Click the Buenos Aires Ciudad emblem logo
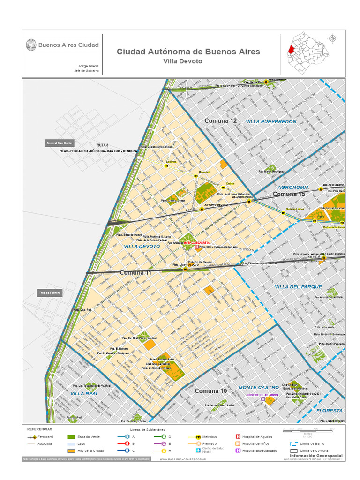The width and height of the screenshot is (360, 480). [x=31, y=45]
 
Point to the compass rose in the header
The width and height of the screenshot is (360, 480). [x=333, y=39]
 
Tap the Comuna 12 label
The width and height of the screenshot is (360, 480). [x=220, y=121]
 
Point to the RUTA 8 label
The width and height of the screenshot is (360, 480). [x=103, y=145]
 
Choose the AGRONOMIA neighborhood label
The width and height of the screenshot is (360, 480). [x=293, y=187]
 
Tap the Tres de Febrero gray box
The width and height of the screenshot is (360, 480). [x=50, y=292]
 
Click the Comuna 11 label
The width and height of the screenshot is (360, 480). [x=135, y=272]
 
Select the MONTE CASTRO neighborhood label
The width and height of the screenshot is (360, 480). [x=259, y=388]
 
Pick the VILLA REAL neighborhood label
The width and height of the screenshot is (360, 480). [x=84, y=394]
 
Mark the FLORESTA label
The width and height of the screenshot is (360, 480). [x=330, y=410]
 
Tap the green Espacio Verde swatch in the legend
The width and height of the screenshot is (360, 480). [x=71, y=436]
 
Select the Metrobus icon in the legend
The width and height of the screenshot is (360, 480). [x=198, y=436]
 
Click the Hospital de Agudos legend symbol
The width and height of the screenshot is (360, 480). [x=238, y=436]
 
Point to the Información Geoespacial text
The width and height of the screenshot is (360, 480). [x=316, y=455]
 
